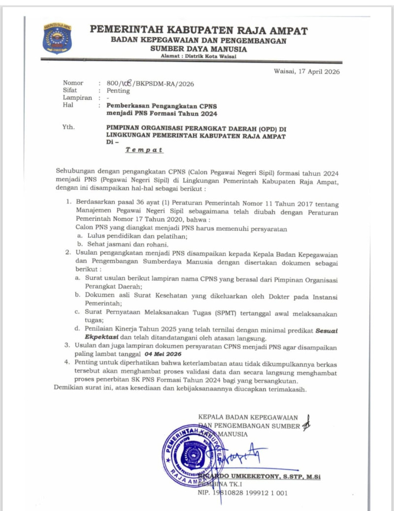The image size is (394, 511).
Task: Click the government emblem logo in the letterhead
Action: (57, 38)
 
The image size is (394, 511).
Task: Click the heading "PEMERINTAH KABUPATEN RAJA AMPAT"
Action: (198, 30)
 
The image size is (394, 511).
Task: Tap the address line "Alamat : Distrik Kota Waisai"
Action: (198, 57)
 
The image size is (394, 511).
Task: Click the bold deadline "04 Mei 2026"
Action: (163, 354)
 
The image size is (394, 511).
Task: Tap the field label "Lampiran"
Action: (77, 98)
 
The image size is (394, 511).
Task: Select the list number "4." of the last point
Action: (67, 362)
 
